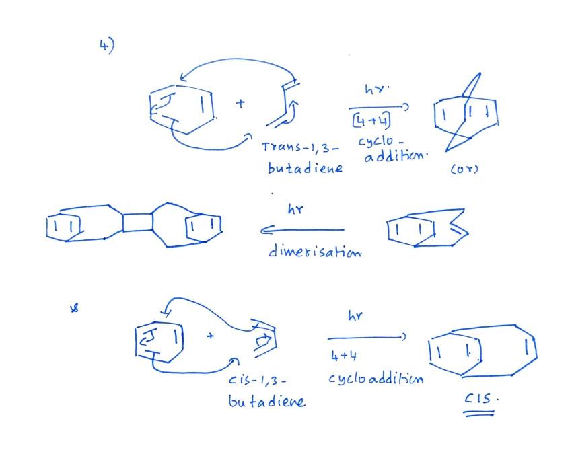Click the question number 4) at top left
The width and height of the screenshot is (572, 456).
(x=106, y=46)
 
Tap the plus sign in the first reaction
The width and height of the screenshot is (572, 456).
(x=240, y=103)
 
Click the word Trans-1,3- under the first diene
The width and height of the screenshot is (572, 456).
(x=300, y=147)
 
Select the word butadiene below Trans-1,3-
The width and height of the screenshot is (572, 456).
(x=305, y=167)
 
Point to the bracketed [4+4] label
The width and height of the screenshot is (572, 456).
(x=371, y=120)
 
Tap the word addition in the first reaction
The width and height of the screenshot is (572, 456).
(x=396, y=156)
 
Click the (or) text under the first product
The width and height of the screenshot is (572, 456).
(x=464, y=169)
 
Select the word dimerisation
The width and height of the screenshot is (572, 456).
(x=315, y=251)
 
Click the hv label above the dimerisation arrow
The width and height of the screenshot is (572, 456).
(x=295, y=209)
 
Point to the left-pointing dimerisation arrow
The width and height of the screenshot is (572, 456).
(x=302, y=231)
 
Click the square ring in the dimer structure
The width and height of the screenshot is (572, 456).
(x=137, y=223)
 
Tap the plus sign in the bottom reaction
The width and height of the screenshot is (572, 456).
(x=210, y=336)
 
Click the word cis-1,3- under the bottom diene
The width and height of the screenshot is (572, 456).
(x=257, y=380)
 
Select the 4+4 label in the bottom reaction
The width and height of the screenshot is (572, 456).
(x=344, y=356)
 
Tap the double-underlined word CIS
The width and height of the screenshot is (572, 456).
(x=480, y=398)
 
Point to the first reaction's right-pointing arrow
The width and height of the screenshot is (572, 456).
(x=379, y=108)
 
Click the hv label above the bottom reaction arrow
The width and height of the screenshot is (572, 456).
(x=355, y=315)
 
